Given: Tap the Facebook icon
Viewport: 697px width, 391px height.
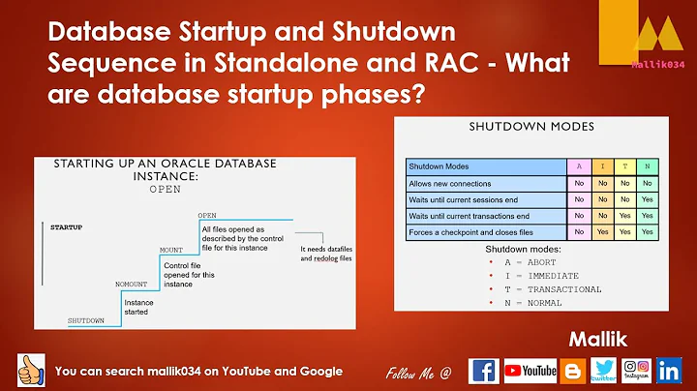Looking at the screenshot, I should click(x=484, y=370).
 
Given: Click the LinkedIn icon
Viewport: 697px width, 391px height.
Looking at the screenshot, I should click(x=668, y=370).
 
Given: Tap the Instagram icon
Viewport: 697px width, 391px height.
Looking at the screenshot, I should click(x=635, y=370).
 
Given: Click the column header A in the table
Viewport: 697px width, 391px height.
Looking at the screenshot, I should click(x=578, y=166).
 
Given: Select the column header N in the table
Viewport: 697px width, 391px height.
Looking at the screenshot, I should click(x=647, y=166).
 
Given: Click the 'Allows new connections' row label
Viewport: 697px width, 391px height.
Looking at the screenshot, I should click(x=451, y=183).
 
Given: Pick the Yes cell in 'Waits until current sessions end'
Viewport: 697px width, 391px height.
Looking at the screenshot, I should click(x=647, y=199).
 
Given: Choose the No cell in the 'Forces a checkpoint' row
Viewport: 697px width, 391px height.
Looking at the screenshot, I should click(x=578, y=232).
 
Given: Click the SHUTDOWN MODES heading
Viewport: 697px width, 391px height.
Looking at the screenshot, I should click(x=530, y=126).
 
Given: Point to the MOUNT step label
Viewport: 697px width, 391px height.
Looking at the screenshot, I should click(x=170, y=249).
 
